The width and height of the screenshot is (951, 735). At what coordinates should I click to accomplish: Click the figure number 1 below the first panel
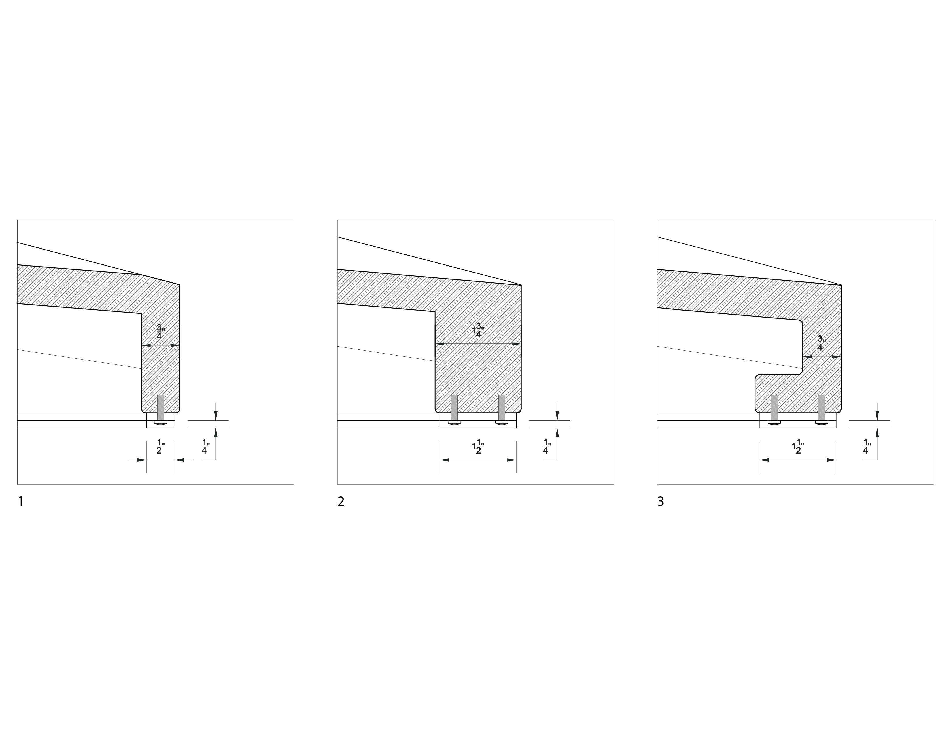20,502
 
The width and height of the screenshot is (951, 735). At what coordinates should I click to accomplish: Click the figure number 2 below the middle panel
341,502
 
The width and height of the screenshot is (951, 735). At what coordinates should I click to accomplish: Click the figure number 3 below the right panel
661,502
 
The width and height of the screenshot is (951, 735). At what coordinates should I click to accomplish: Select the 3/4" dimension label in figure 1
160,332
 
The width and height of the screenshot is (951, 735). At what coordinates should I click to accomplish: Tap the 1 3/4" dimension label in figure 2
479,330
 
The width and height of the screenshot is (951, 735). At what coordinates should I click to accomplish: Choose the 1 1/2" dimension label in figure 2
479,447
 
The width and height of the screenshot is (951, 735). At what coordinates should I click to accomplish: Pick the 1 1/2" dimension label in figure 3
798,447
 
